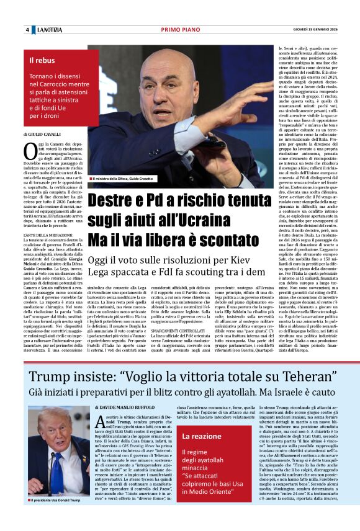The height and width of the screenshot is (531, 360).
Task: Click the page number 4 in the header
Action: coord(27,30)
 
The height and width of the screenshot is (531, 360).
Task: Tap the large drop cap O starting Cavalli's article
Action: coord(29,149)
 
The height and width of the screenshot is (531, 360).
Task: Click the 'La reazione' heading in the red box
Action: coord(202,436)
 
